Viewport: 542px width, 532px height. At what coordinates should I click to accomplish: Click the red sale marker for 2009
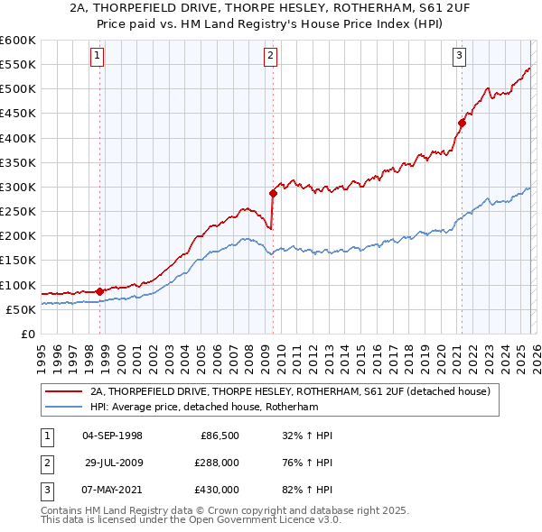[x=273, y=192]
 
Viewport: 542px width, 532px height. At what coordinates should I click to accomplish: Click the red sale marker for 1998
[x=99, y=291]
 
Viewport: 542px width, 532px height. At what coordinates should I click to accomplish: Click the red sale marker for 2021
[x=462, y=123]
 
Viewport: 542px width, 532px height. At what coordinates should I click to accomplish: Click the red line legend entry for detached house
[x=289, y=391]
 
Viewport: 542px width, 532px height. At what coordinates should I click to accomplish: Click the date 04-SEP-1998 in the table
[x=112, y=436]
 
